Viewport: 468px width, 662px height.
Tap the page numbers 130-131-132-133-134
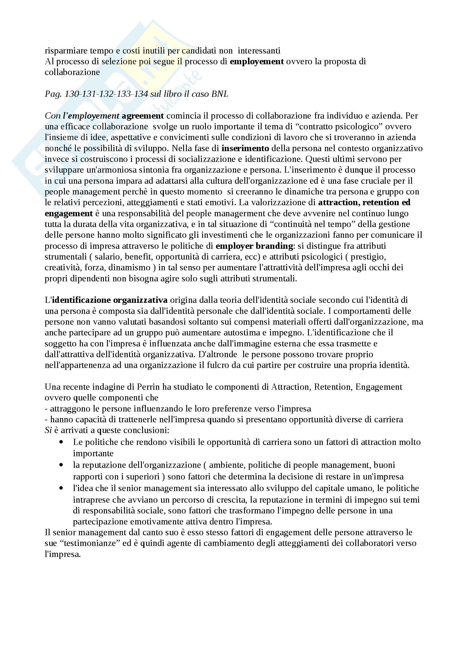[106, 94]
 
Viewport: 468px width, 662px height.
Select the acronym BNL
[219, 94]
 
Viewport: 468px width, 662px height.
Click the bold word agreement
[143, 116]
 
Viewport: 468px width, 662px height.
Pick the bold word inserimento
[245, 149]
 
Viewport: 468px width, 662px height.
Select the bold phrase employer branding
[254, 246]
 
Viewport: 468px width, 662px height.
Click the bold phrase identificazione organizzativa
[110, 300]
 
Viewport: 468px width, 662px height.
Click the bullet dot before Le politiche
[61, 442]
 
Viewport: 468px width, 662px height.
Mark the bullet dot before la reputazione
[61, 465]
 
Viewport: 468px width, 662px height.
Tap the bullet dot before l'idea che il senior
[61, 488]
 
